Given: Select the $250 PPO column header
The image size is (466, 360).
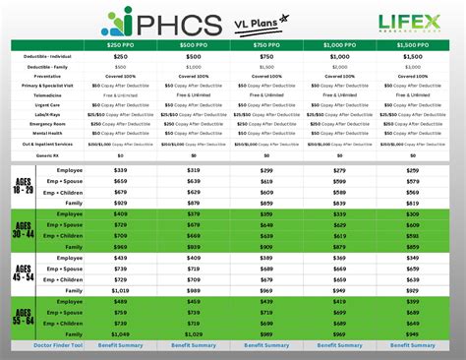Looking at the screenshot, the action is coord(125,44).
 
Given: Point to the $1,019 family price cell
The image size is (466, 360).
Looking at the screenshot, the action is coord(121,290).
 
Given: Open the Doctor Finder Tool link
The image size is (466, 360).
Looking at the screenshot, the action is coord(52,345).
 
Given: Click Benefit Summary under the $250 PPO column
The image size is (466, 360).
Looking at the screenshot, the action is coord(121,345).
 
